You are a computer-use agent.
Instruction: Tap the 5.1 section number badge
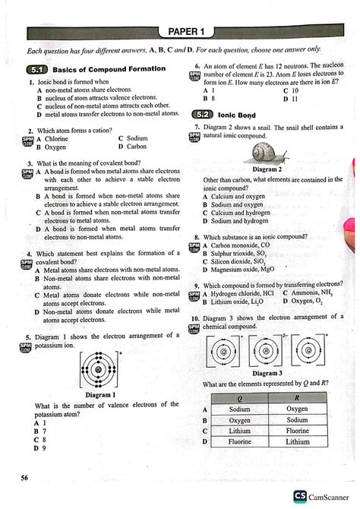36,69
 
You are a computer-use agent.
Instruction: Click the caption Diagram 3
267,373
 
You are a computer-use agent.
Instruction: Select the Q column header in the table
240,398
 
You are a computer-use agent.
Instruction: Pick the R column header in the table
297,398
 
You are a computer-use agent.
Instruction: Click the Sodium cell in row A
240,409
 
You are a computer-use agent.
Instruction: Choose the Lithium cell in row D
297,441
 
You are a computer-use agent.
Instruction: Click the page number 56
25,476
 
